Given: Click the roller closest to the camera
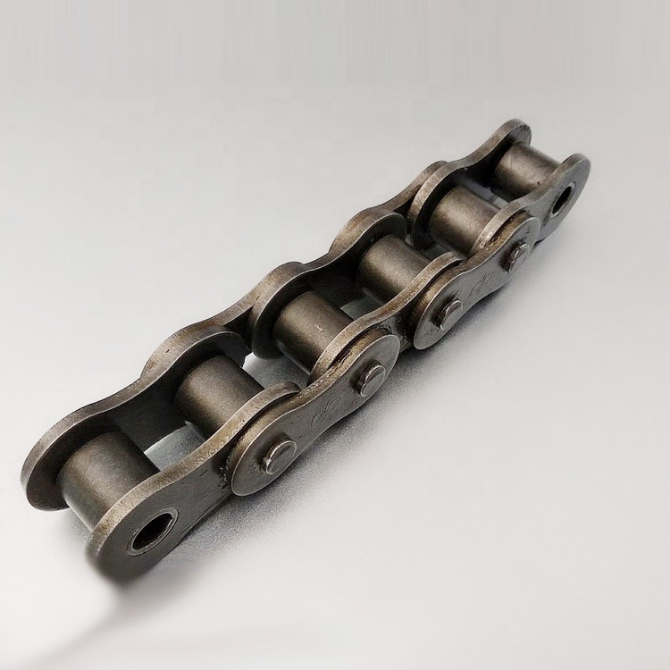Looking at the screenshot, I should click(98, 473).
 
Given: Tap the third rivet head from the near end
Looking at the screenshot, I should click(449, 310).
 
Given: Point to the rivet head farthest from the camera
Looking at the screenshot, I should click(517, 255).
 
